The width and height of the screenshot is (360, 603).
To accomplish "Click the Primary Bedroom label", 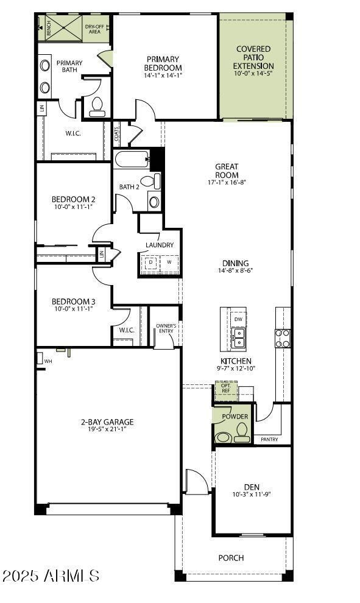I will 163,63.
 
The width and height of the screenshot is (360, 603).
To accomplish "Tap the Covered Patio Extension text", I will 254,57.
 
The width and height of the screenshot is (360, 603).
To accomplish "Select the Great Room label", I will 227,171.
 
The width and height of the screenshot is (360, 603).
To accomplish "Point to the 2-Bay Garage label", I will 107,421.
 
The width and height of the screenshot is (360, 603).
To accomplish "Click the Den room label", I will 252,487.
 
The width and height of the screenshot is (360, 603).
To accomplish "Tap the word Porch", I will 231,557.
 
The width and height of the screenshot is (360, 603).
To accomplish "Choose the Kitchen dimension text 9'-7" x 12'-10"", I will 236,368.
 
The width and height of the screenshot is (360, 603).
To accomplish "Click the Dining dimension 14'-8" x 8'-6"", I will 235,270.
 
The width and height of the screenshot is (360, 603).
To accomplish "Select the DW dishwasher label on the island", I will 238,319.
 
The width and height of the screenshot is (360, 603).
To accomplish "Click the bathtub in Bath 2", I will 132,160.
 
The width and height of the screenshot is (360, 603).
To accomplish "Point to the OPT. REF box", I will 225,389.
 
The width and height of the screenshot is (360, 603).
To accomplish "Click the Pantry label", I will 269,439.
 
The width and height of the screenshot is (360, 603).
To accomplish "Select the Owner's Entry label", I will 166,328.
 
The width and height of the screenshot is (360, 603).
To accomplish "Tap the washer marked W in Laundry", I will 169,263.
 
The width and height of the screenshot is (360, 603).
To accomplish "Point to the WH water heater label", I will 48,361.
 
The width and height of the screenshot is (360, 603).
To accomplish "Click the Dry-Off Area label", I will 94,29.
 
